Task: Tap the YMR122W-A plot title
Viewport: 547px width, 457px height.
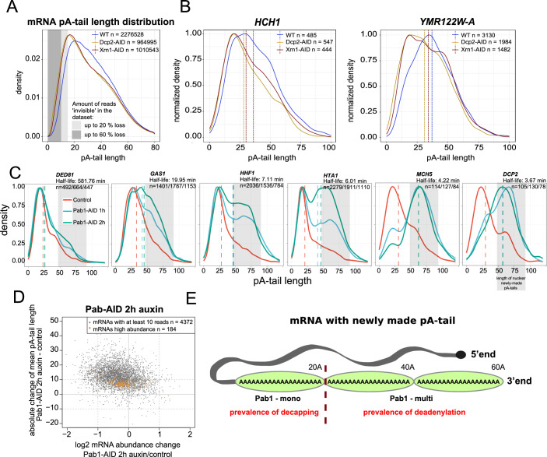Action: [445, 19]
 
